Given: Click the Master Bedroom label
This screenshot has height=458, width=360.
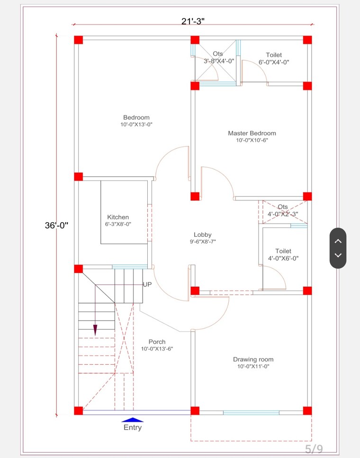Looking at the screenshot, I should pyautogui.click(x=252, y=133).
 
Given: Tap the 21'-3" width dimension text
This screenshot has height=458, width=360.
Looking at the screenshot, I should pyautogui.click(x=193, y=21).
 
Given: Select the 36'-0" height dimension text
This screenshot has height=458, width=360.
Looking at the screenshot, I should pyautogui.click(x=57, y=226).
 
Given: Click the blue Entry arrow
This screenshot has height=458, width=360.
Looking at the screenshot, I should pyautogui.click(x=133, y=419).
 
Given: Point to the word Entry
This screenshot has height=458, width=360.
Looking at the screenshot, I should pyautogui.click(x=133, y=428).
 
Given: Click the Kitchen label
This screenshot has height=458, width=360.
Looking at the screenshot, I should pyautogui.click(x=118, y=217).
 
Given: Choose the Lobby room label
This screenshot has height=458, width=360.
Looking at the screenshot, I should pyautogui.click(x=202, y=234).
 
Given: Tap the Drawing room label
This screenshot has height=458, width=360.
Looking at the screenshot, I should pyautogui.click(x=253, y=359).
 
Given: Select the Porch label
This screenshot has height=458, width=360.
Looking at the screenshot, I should pyautogui.click(x=157, y=342).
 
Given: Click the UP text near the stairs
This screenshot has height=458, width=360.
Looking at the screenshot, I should pyautogui.click(x=147, y=284).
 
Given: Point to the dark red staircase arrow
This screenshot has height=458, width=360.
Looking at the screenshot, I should pyautogui.click(x=95, y=329).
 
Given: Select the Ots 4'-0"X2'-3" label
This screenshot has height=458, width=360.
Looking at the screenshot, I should pyautogui.click(x=283, y=210).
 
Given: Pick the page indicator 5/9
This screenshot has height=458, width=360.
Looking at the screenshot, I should pyautogui.click(x=314, y=448).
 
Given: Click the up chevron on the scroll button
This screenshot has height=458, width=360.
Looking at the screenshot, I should pyautogui.click(x=338, y=241).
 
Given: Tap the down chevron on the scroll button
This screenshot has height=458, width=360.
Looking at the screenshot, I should pyautogui.click(x=338, y=255).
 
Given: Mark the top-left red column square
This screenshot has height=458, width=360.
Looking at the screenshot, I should pyautogui.click(x=79, y=40).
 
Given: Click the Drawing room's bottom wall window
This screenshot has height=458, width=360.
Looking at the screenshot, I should pyautogui.click(x=251, y=413).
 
